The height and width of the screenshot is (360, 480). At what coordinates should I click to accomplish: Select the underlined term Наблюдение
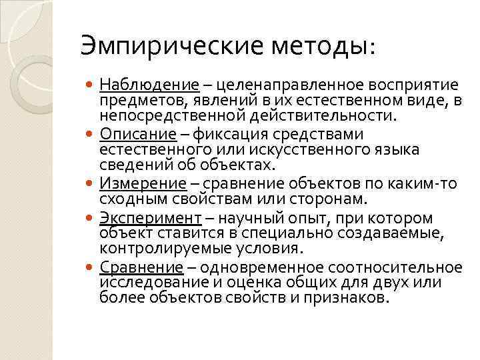point(149,85)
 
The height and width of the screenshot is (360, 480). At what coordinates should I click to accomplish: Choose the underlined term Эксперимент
point(150,218)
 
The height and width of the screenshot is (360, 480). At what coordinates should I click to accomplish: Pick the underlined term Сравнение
point(141,267)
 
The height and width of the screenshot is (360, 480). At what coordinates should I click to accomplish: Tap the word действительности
point(338,115)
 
